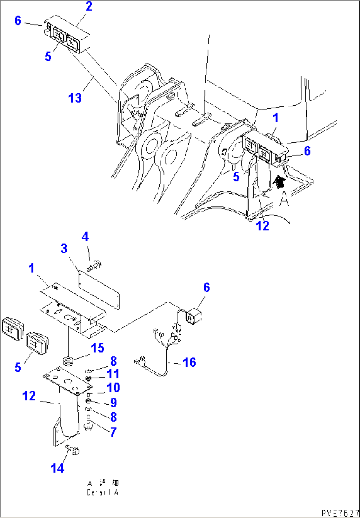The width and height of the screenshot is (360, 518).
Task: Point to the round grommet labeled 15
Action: tap(68, 361)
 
